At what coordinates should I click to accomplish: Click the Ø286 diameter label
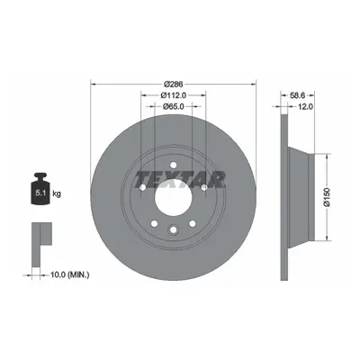point(174,84)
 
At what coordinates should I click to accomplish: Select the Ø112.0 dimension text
point(174,95)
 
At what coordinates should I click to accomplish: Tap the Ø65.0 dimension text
point(174,106)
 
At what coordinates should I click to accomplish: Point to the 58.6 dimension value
point(298,95)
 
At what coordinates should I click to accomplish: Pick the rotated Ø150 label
point(327,197)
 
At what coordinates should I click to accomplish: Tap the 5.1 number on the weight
point(40,193)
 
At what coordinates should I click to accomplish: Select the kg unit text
point(57,194)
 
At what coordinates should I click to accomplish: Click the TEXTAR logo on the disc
point(180,179)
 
